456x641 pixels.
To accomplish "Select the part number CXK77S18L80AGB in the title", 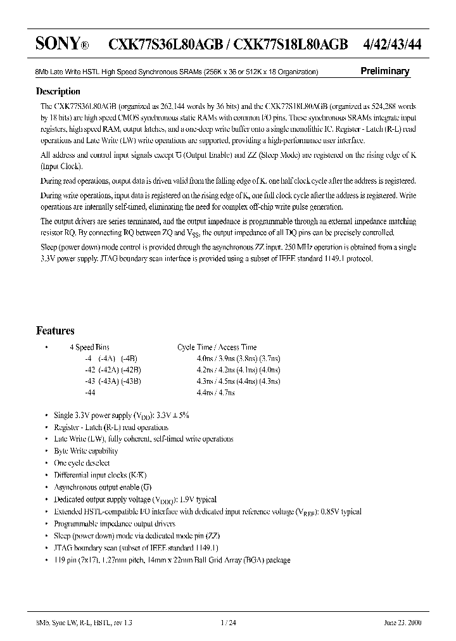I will tap(291, 43).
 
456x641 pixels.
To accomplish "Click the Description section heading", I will tap(58, 91).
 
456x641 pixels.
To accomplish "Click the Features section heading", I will tap(56, 331).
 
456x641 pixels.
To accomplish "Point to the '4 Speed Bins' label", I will tap(90, 347).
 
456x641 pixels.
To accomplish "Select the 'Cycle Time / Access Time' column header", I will tap(217, 347).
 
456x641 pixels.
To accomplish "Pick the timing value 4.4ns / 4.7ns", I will tap(216, 393).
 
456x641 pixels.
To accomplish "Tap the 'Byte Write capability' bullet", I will tap(86, 451).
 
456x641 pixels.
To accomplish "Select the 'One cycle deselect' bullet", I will tap(82, 463).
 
